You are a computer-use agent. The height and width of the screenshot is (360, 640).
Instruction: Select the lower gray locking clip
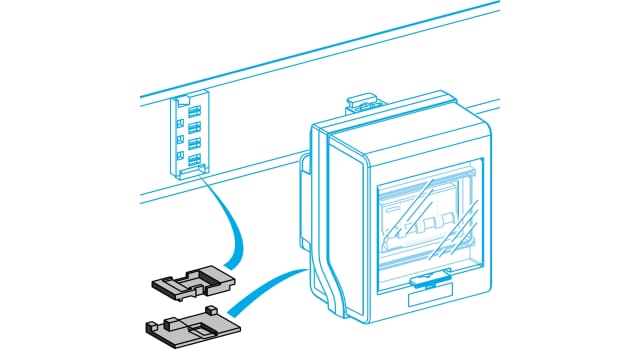191,327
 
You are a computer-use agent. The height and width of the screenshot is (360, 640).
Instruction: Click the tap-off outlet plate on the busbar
190,136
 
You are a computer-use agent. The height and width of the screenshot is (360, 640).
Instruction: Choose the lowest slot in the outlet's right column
194,158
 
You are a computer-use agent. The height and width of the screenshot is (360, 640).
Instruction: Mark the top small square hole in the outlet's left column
181,109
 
